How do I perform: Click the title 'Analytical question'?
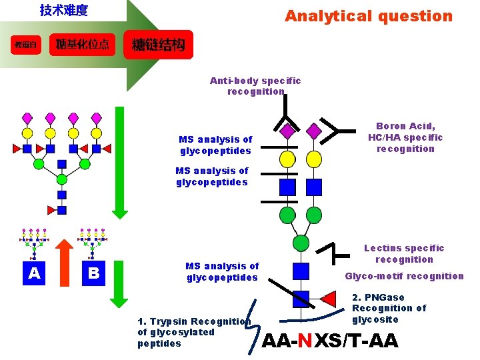point(368,16)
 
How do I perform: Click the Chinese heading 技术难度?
point(64,11)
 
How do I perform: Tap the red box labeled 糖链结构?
point(158,45)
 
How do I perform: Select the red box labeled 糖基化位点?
point(83,45)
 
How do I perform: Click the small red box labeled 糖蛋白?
point(26,45)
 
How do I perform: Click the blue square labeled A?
point(34,273)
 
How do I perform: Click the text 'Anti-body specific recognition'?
point(255,86)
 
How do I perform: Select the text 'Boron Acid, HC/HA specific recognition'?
point(405,137)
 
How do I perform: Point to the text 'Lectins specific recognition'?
point(404,254)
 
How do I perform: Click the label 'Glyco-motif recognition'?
point(404,276)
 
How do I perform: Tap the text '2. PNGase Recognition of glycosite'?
point(389,308)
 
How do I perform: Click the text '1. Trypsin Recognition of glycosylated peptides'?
point(193,332)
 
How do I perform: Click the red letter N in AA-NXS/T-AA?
point(305,341)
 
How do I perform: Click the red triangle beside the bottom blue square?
point(328,297)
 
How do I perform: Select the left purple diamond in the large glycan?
point(287,131)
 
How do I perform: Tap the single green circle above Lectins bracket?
point(301,243)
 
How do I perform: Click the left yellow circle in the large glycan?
point(287,159)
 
